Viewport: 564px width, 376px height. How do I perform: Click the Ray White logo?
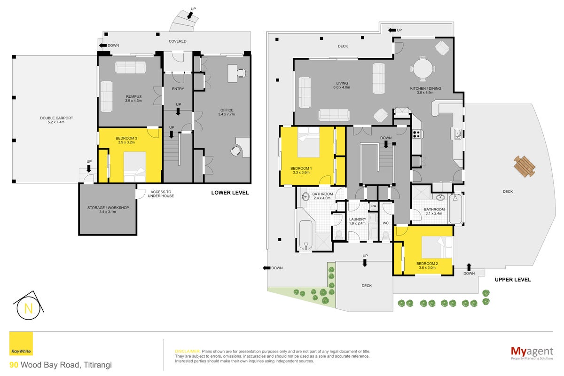point(21,343)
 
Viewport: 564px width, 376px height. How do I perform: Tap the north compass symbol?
point(29,305)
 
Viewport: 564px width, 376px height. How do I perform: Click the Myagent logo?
point(532,353)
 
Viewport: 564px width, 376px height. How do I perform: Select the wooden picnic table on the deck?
point(525,166)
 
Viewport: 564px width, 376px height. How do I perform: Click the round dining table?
point(423,69)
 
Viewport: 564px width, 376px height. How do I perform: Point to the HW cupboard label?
point(374,206)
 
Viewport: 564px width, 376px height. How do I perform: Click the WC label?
point(385,223)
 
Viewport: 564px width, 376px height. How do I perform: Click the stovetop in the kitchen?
point(417,134)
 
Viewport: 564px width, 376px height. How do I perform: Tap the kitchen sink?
point(458,134)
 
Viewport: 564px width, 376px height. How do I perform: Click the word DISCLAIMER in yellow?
point(188,351)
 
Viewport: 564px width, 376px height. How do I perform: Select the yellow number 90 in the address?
point(14,365)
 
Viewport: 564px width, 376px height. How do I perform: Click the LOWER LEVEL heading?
point(230,193)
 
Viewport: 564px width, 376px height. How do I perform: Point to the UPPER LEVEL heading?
point(513,280)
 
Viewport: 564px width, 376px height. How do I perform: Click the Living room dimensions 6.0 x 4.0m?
point(342,87)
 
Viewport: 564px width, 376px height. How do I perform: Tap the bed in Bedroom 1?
point(308,142)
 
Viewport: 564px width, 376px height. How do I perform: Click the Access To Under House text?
point(161,194)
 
